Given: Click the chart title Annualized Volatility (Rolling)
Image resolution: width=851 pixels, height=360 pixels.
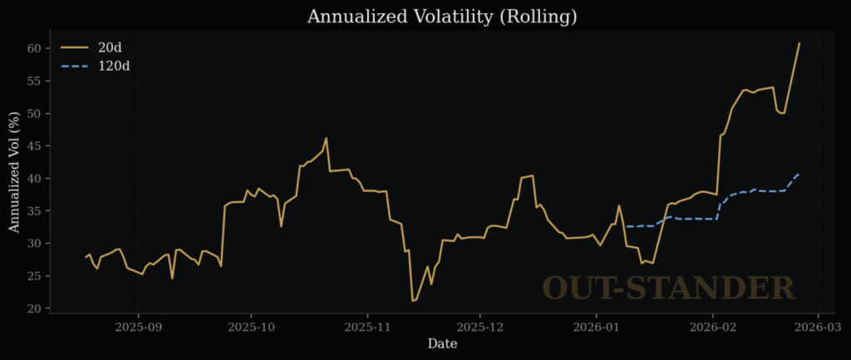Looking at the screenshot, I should [x=441, y=16].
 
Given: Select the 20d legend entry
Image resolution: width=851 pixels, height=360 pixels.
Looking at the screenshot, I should [x=110, y=47].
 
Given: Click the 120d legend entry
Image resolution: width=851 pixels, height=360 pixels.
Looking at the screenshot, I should [x=115, y=65].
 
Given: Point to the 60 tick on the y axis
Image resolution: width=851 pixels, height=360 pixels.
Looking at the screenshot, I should [x=34, y=48].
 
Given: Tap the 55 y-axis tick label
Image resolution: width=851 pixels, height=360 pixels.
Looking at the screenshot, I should [x=34, y=81].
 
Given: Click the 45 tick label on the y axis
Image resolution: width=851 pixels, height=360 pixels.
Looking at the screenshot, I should [x=34, y=146].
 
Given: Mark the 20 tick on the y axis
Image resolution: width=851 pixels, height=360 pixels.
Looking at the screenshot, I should [x=34, y=308].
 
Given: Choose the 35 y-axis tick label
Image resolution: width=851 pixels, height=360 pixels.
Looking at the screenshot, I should [x=34, y=211].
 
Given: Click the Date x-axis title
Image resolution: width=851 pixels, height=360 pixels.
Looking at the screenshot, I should [x=441, y=343].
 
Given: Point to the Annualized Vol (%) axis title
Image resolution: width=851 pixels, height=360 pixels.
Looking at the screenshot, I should [x=14, y=173].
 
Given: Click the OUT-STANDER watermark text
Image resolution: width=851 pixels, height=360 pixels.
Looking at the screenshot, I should [x=668, y=288].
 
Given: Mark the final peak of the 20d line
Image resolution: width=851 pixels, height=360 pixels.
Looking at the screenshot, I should [x=799, y=43].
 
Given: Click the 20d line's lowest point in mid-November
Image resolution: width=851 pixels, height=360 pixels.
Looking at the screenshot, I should [x=412, y=301].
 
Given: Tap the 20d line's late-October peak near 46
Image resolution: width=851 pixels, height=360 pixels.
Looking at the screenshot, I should [x=326, y=138].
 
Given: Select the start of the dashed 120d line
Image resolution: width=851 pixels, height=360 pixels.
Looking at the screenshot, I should [x=625, y=226].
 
